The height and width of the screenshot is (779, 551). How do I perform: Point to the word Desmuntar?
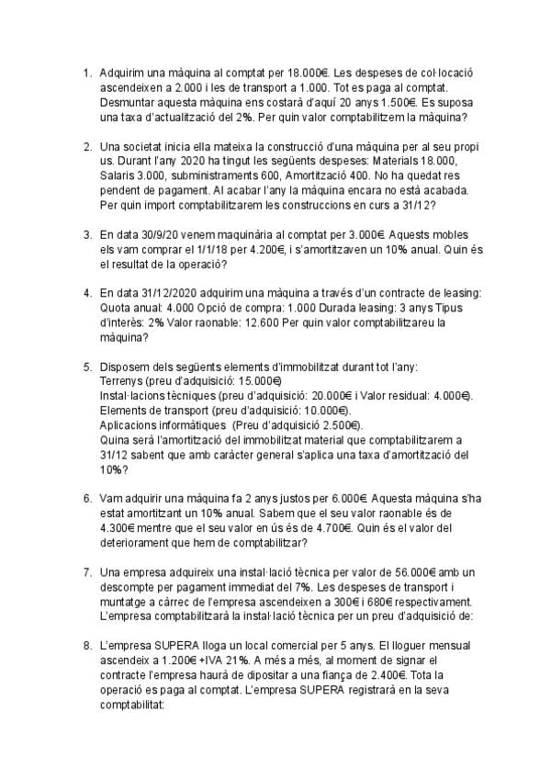tap(128, 103)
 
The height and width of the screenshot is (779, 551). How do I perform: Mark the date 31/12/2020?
tap(173, 293)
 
